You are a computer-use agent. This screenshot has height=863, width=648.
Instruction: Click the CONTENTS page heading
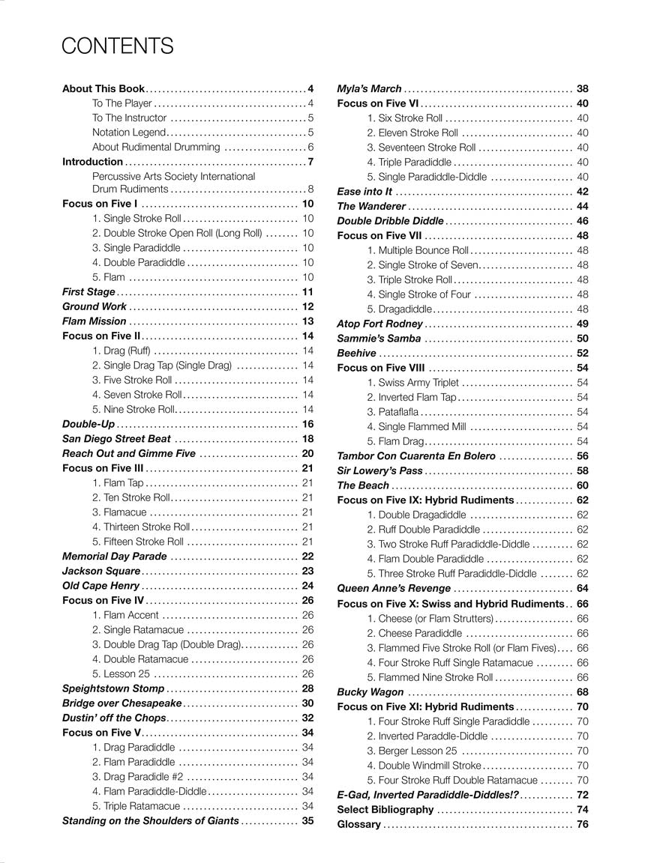118,46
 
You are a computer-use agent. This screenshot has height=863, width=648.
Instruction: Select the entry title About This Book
103,88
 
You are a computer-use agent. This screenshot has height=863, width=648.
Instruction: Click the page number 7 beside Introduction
310,162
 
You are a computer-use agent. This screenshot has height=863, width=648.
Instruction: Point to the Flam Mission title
94,321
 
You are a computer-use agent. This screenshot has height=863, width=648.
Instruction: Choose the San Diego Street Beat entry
116,439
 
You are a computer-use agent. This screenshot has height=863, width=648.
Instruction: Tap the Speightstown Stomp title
112,688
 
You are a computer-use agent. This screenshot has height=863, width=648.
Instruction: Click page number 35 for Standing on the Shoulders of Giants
307,820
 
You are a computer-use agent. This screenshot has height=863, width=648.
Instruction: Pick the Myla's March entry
370,88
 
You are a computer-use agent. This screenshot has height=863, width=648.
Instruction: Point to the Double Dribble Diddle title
391,221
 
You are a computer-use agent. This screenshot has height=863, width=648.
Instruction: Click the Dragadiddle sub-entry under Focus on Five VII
400,309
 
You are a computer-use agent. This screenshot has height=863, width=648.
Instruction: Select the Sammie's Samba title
379,339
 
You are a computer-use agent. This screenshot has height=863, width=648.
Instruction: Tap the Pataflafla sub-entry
393,412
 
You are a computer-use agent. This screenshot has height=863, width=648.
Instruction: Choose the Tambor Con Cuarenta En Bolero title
416,455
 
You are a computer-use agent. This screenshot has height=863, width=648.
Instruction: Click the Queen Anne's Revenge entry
394,588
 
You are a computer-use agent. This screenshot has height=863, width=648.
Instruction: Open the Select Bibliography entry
385,810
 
